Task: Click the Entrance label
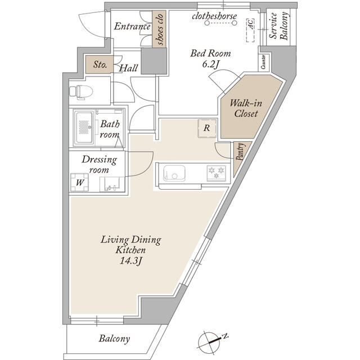coord(133,26)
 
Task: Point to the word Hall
coord(129,68)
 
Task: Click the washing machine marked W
coord(79,182)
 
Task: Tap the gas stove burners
coord(216,170)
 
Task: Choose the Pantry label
coord(240,151)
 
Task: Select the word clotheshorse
coord(214,16)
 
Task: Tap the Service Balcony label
coord(277,27)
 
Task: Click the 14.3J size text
coord(131,260)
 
